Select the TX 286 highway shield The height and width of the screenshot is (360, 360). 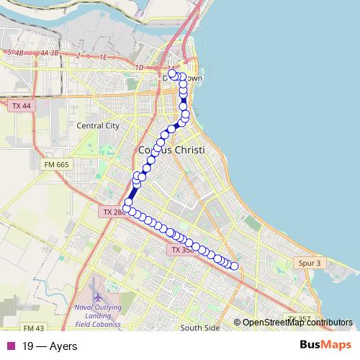[x=112, y=212]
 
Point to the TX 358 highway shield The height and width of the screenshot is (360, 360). [x=183, y=250]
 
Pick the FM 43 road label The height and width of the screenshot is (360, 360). [x=34, y=328]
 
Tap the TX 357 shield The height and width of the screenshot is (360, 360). [x=300, y=319]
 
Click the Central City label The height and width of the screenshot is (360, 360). [x=97, y=125]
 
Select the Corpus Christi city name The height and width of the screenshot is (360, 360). [x=171, y=150]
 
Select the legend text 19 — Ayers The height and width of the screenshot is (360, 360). [x=50, y=346]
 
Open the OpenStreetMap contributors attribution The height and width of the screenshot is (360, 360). [x=297, y=323]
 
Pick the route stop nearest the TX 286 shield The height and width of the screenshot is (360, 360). [x=127, y=209]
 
